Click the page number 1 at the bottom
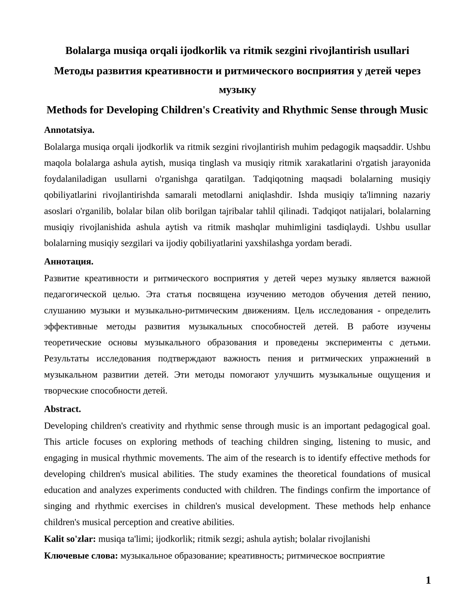(x=428, y=580)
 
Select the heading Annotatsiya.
(x=69, y=130)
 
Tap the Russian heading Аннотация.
(x=69, y=261)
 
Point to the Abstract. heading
(x=62, y=409)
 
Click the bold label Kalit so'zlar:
(x=70, y=539)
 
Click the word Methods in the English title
(x=65, y=110)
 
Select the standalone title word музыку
(x=237, y=90)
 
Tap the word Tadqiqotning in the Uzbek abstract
(x=278, y=179)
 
